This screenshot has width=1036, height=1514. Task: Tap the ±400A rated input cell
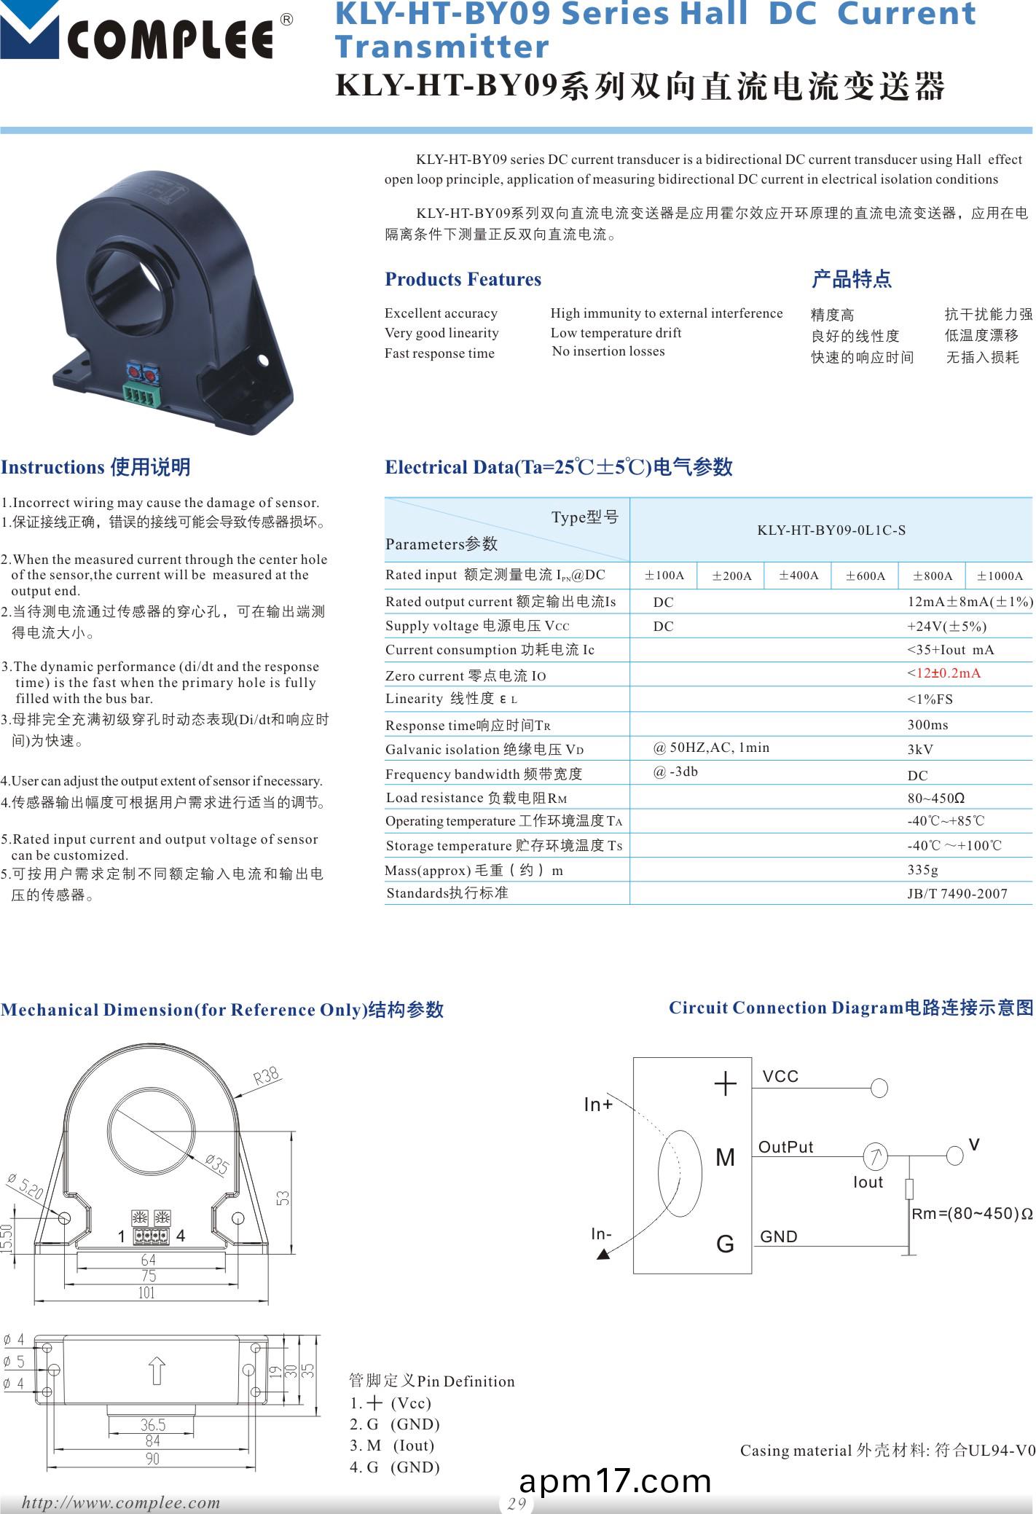click(798, 576)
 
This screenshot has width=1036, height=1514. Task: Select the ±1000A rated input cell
click(1000, 576)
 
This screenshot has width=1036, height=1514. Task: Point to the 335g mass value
click(923, 870)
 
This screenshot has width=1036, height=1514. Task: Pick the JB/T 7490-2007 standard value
click(957, 894)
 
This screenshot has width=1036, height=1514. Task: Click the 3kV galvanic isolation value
click(920, 750)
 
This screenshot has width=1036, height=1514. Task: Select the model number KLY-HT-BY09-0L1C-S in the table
click(831, 530)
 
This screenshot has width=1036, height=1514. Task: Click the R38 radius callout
click(267, 1076)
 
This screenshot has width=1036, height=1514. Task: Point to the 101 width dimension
click(146, 1293)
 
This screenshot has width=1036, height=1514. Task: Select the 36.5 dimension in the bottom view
click(152, 1424)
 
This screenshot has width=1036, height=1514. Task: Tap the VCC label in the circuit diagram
click(780, 1077)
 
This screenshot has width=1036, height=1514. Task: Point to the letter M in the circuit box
click(725, 1157)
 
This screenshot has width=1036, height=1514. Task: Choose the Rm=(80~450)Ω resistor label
click(972, 1214)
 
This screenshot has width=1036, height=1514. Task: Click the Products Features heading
click(463, 280)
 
